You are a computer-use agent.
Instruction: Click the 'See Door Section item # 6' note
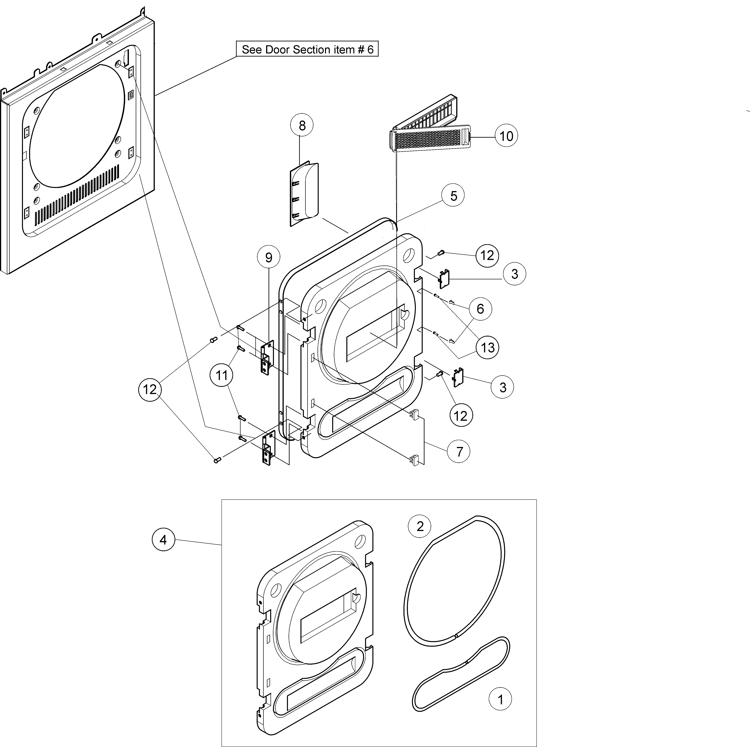click(x=307, y=49)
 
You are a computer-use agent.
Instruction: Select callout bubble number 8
click(x=302, y=125)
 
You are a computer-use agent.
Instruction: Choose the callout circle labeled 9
click(x=269, y=257)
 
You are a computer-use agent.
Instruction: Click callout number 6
click(x=480, y=309)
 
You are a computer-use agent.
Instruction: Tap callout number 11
click(x=221, y=375)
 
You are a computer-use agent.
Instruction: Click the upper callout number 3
click(x=514, y=274)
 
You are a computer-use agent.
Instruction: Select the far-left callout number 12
click(x=150, y=389)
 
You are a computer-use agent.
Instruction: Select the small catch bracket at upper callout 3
click(x=444, y=279)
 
